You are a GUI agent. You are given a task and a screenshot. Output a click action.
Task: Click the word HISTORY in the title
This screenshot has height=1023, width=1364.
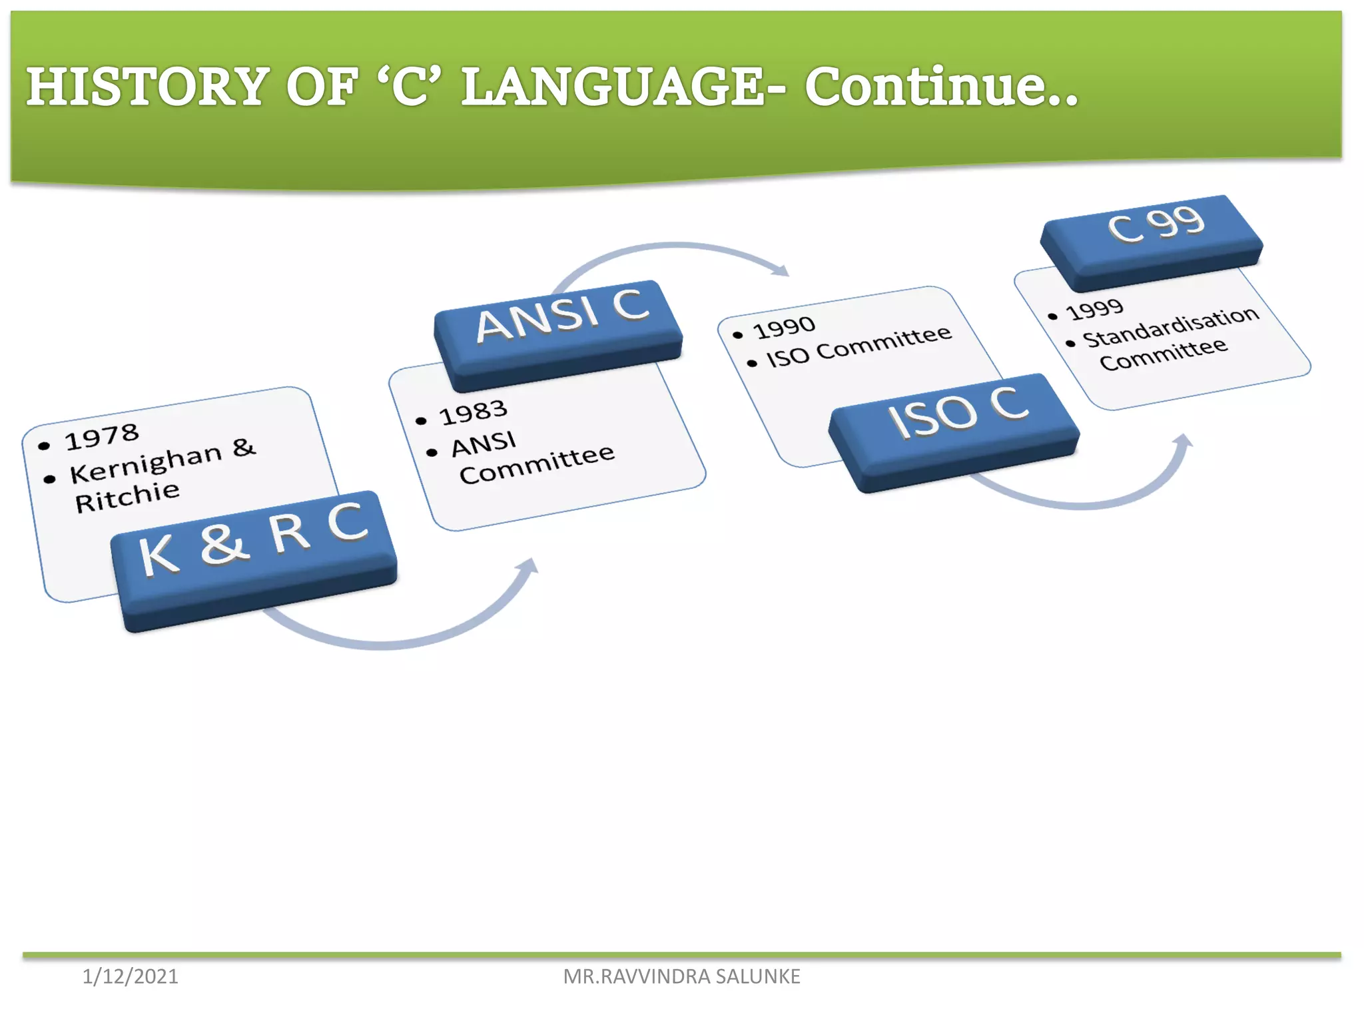[x=147, y=87]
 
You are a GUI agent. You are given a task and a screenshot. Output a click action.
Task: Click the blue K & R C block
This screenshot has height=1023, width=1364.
[x=253, y=553]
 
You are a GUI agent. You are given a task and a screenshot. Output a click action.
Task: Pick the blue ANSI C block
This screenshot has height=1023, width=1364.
[x=559, y=326]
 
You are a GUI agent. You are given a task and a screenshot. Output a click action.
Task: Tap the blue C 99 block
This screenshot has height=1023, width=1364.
[x=1152, y=236]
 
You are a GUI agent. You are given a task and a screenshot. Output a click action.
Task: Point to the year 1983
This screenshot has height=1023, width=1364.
[x=473, y=412]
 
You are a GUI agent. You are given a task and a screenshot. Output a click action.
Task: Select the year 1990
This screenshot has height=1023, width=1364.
[x=784, y=327]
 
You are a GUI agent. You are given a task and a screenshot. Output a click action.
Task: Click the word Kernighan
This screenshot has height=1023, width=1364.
[x=145, y=464]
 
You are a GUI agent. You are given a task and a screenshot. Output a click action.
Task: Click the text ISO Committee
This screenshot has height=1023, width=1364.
[x=858, y=346]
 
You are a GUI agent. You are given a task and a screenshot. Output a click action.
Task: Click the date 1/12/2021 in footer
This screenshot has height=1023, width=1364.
[x=131, y=976]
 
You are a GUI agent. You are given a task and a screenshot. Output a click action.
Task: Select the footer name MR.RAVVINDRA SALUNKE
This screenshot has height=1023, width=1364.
[x=681, y=976]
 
